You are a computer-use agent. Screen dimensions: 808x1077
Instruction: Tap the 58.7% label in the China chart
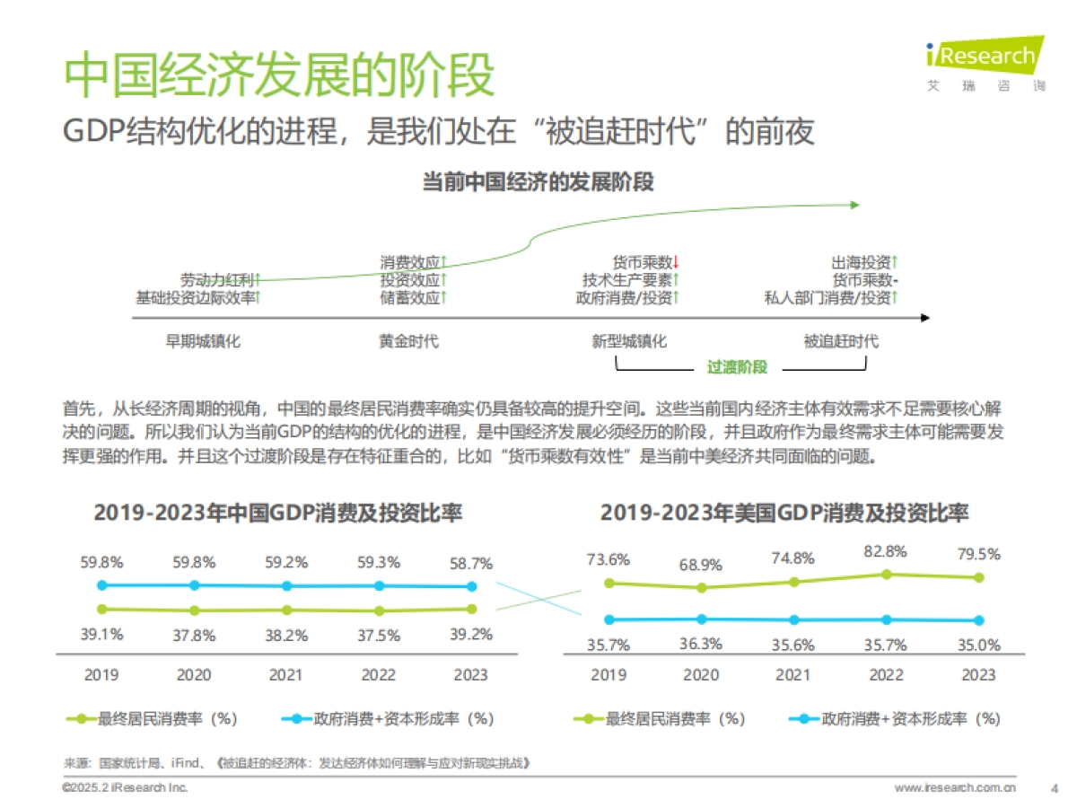point(471,564)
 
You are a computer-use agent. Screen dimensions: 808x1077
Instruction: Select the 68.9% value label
point(701,566)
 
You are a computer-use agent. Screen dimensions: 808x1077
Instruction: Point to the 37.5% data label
point(379,636)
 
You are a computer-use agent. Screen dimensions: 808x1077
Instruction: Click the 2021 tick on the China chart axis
point(286,675)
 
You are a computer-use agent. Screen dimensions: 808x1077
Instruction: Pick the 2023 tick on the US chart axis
point(978,675)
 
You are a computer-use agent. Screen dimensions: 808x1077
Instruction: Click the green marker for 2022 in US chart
point(887,574)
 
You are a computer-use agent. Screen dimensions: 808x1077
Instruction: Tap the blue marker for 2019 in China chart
point(102,584)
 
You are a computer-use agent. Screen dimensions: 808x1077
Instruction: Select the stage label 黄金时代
point(408,342)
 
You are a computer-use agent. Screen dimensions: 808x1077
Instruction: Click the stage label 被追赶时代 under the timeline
point(840,342)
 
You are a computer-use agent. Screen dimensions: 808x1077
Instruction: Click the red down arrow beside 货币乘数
point(677,262)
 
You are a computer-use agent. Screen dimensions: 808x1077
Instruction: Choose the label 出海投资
point(861,262)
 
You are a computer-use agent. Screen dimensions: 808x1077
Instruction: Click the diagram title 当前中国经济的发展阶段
point(538,182)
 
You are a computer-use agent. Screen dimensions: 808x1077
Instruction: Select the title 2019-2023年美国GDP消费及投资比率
point(784,514)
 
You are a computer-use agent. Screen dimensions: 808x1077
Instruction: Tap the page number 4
point(1054,788)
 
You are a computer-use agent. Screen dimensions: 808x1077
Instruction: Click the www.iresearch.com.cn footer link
point(955,788)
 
